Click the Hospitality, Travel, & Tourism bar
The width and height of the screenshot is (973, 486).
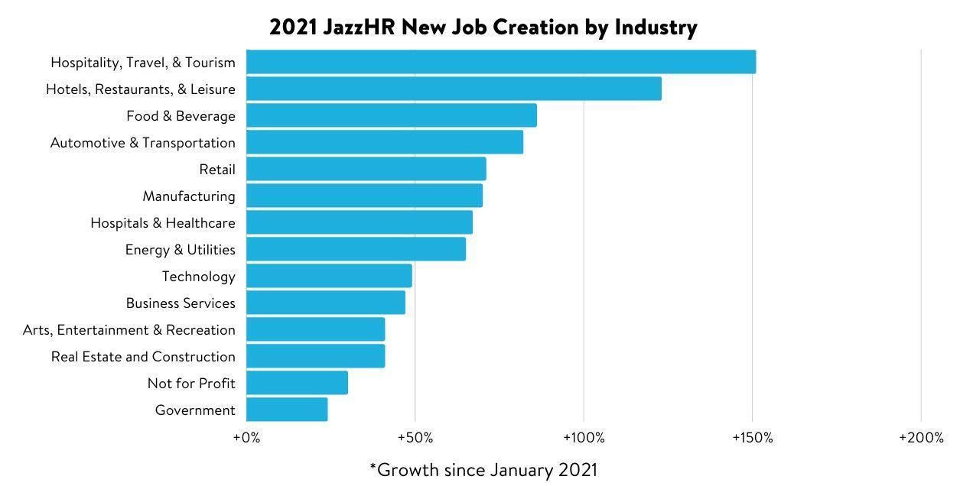tap(501, 62)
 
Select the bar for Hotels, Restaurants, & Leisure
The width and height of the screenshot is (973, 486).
tap(454, 89)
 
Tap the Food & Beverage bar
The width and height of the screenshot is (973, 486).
tap(392, 115)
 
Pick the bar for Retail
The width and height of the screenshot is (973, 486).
tap(366, 169)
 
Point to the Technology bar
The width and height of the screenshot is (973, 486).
tap(329, 276)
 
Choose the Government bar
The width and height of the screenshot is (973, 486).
tap(287, 410)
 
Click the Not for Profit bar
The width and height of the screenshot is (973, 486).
tap(297, 383)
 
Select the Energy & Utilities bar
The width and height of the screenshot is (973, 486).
tap(356, 249)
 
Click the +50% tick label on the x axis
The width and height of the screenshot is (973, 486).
tap(415, 438)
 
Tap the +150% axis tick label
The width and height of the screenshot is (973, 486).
tap(753, 438)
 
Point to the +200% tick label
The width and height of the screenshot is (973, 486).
tap(921, 438)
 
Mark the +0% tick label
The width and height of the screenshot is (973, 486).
tap(246, 438)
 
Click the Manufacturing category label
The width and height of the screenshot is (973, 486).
tap(189, 196)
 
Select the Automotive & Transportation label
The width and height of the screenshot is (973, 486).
tap(143, 143)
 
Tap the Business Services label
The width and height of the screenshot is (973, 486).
tap(181, 303)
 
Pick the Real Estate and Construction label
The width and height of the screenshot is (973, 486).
tap(143, 357)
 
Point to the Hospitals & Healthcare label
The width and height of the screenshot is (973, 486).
tap(163, 223)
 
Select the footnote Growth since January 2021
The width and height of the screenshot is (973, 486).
tap(483, 469)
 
